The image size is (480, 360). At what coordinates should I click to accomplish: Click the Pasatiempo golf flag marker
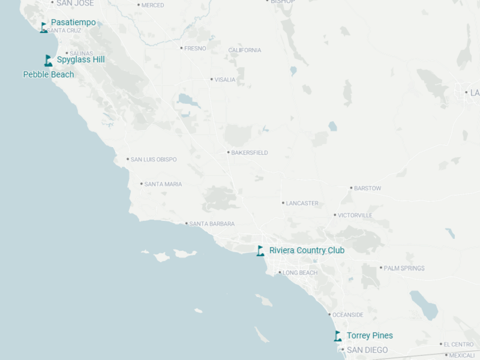click(44, 27)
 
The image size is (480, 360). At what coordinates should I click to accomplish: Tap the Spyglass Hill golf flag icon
click(49, 60)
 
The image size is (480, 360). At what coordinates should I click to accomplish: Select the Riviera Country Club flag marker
click(260, 251)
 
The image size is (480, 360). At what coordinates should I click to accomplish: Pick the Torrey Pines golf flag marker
click(338, 336)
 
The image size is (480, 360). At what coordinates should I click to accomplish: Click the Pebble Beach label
click(49, 74)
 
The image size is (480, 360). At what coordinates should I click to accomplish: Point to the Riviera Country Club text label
click(307, 250)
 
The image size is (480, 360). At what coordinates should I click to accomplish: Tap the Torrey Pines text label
click(370, 335)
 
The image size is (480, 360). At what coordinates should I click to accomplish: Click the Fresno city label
click(195, 48)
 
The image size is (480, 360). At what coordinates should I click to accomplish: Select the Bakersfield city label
click(250, 152)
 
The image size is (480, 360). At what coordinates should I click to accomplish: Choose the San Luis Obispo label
click(154, 160)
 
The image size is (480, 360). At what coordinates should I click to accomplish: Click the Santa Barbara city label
click(212, 224)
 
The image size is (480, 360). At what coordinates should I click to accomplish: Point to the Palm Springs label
click(404, 268)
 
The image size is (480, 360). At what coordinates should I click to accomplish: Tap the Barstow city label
click(367, 188)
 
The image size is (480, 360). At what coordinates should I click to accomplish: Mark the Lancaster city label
click(302, 203)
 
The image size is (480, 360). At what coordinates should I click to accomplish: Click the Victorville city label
click(355, 215)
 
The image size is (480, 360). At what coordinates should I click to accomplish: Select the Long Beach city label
click(300, 273)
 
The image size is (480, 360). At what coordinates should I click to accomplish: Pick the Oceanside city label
click(348, 315)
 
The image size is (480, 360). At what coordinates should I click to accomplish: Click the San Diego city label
click(367, 350)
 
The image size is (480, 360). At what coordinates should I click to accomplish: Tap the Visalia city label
click(225, 79)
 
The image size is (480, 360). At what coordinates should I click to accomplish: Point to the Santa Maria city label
click(163, 184)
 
